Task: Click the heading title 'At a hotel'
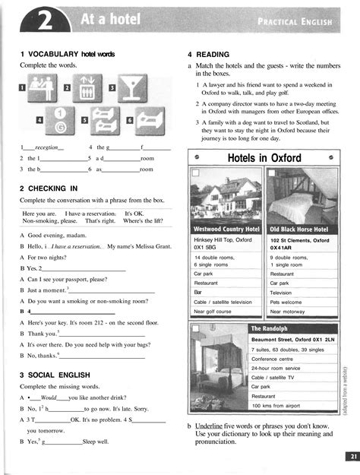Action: tap(102, 21)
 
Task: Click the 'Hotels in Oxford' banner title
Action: tap(264, 158)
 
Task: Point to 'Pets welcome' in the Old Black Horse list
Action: tap(287, 302)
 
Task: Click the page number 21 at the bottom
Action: tap(349, 456)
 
